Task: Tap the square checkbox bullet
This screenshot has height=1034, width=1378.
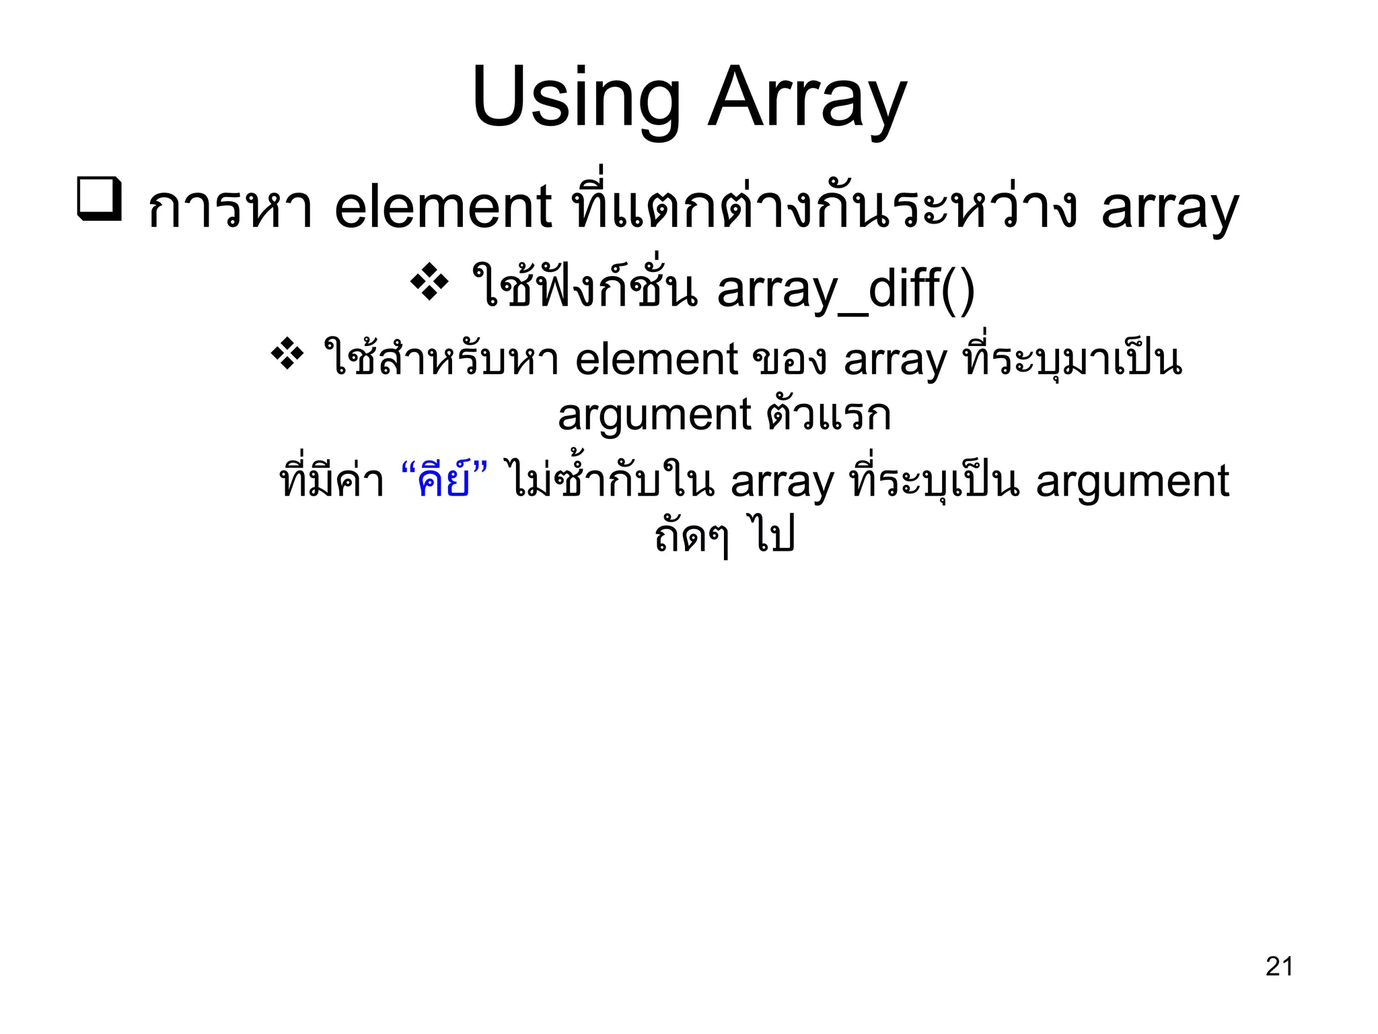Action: pyautogui.click(x=100, y=199)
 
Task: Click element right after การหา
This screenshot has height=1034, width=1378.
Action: pyautogui.click(x=443, y=207)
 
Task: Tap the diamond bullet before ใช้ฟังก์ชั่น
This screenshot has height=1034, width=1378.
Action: pyautogui.click(x=429, y=282)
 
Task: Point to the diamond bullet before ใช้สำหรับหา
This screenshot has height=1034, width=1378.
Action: pyautogui.click(x=287, y=353)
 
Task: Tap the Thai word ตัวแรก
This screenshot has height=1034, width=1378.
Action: pyautogui.click(x=828, y=415)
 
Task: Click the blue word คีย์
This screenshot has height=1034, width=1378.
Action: pyautogui.click(x=443, y=481)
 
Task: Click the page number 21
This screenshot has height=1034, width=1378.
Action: pyautogui.click(x=1279, y=966)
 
